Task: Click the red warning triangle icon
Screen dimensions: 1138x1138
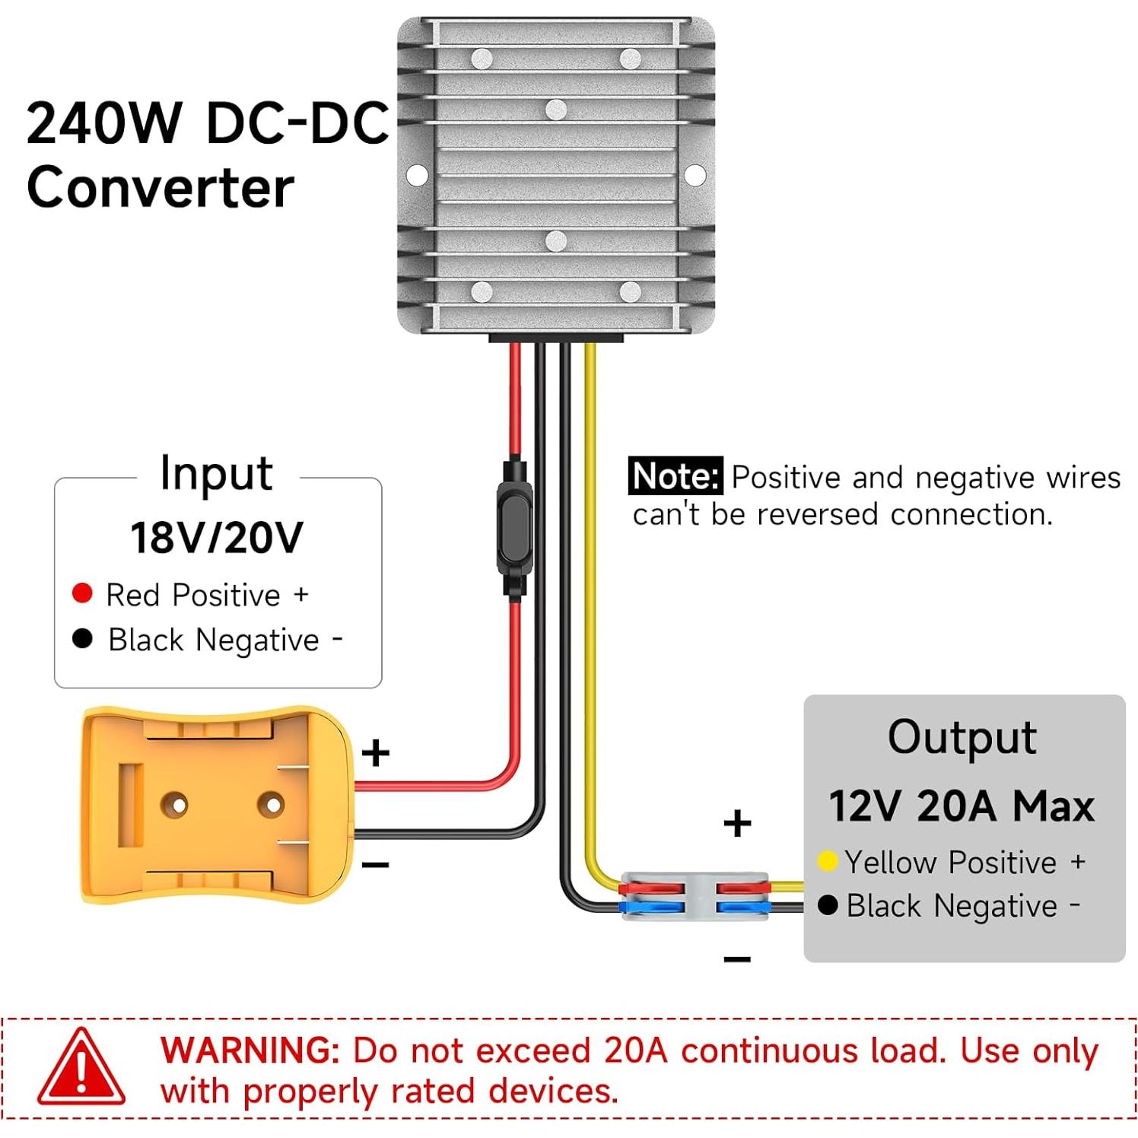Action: point(81,1070)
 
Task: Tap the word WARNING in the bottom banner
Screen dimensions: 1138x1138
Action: point(250,1051)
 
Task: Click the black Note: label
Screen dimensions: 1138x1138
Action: point(675,477)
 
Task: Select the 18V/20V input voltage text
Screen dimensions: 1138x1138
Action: point(217,538)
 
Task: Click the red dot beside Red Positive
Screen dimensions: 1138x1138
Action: point(82,593)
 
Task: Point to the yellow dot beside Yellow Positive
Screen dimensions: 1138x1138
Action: point(828,862)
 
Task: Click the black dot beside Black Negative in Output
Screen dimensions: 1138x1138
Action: point(828,905)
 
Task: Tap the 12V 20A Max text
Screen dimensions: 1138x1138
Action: point(962,806)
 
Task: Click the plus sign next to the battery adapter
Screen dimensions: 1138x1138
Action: point(376,753)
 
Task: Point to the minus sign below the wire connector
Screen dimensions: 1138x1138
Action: point(737,958)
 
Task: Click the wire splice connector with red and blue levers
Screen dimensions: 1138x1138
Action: point(694,897)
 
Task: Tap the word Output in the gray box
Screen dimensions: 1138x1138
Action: point(962,737)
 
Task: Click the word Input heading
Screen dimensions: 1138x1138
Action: point(216,474)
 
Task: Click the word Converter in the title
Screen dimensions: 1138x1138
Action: point(161,188)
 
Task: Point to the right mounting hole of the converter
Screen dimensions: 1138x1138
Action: point(695,175)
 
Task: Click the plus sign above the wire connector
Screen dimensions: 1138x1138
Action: point(737,824)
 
